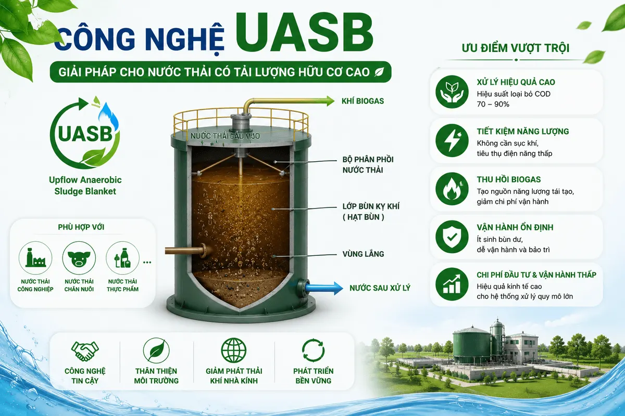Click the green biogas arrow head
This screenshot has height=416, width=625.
329,101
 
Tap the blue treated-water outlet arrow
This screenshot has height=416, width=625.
324,288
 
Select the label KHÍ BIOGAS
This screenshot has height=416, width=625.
362,101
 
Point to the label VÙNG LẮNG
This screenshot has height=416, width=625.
364,254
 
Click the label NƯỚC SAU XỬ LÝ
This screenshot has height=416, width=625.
380,288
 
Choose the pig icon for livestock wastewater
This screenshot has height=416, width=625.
79,258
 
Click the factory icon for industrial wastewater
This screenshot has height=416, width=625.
35,258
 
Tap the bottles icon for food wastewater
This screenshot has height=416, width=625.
122,258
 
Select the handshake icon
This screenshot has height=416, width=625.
85,351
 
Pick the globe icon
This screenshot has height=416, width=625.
234,350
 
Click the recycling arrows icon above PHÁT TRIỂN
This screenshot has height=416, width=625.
314,350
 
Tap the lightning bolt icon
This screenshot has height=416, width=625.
452,140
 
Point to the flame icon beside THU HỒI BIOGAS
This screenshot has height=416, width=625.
452,189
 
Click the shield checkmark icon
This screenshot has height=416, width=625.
452,237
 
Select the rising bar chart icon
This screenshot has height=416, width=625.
452,284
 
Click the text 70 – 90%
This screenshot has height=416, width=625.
493,104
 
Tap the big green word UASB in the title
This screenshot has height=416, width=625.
305,33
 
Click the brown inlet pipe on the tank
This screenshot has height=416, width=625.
185,250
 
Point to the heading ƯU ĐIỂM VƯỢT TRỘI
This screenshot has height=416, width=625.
516,48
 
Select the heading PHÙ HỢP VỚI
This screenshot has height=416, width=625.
81,227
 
